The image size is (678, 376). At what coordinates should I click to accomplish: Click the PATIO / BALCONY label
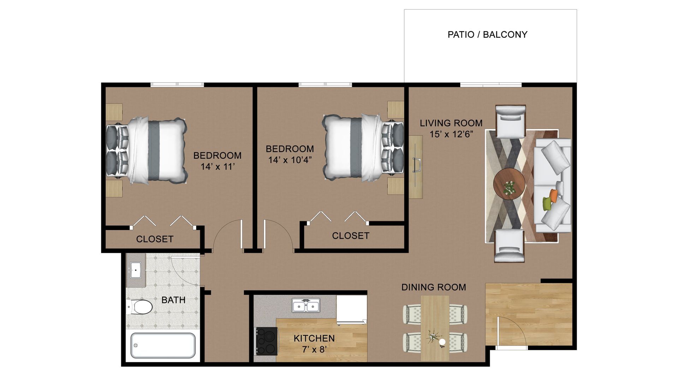coord(487,35)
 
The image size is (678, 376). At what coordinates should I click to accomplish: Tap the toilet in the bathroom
coord(140,307)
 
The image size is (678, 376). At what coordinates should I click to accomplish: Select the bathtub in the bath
coord(163,345)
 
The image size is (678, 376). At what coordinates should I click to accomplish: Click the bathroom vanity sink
coord(136,270)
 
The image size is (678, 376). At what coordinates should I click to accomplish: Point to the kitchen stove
coord(267,341)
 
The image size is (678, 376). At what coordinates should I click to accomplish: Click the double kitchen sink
coord(306,305)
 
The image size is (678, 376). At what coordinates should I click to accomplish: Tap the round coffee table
coord(509,184)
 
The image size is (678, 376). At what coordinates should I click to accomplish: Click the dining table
coord(435,328)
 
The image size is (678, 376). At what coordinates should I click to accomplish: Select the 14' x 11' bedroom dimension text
coord(218,167)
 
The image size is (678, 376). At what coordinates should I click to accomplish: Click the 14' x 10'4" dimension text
coord(290,160)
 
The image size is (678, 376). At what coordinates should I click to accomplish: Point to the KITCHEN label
coord(314,339)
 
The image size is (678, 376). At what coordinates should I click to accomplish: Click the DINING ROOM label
coord(434,287)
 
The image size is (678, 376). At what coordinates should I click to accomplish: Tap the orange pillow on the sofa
coord(553,196)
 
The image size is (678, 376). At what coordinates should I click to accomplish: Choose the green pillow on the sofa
coord(547,204)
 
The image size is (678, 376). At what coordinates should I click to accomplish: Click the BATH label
coord(173,300)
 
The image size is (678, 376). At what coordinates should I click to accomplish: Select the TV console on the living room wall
coord(416,167)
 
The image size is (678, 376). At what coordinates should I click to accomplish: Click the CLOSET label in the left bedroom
coord(155,239)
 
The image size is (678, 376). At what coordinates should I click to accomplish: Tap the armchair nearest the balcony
coord(511,121)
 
